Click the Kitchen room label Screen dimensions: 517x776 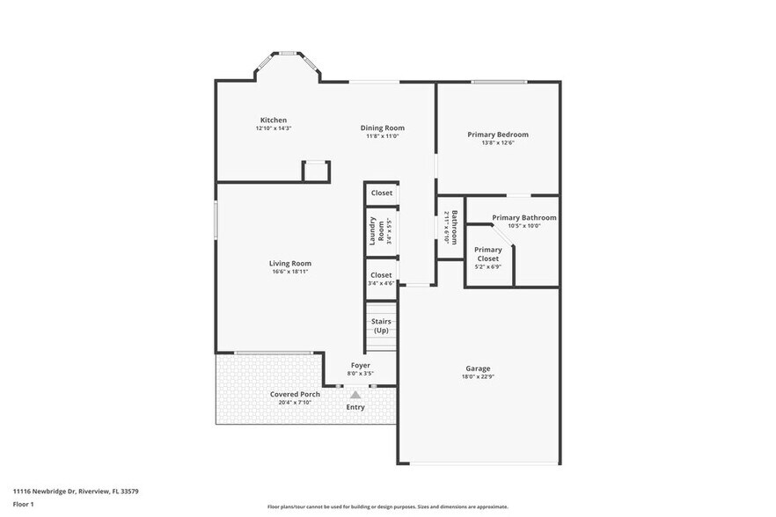(273, 120)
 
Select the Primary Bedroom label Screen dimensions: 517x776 (498, 135)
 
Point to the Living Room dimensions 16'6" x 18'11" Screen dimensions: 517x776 (289, 272)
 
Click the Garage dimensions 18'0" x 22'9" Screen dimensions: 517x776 (478, 376)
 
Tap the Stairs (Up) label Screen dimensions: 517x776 (381, 326)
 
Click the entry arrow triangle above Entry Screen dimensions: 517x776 (355, 395)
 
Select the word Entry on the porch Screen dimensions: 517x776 (355, 407)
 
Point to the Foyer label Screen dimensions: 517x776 (361, 365)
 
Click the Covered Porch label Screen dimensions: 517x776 (295, 394)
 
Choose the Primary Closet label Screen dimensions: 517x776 (487, 254)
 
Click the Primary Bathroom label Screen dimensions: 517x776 (523, 218)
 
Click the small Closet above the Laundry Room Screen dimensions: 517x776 (381, 193)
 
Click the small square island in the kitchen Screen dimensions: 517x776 (316, 171)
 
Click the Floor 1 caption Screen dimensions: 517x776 (23, 504)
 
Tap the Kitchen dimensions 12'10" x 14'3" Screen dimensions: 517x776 (273, 128)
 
